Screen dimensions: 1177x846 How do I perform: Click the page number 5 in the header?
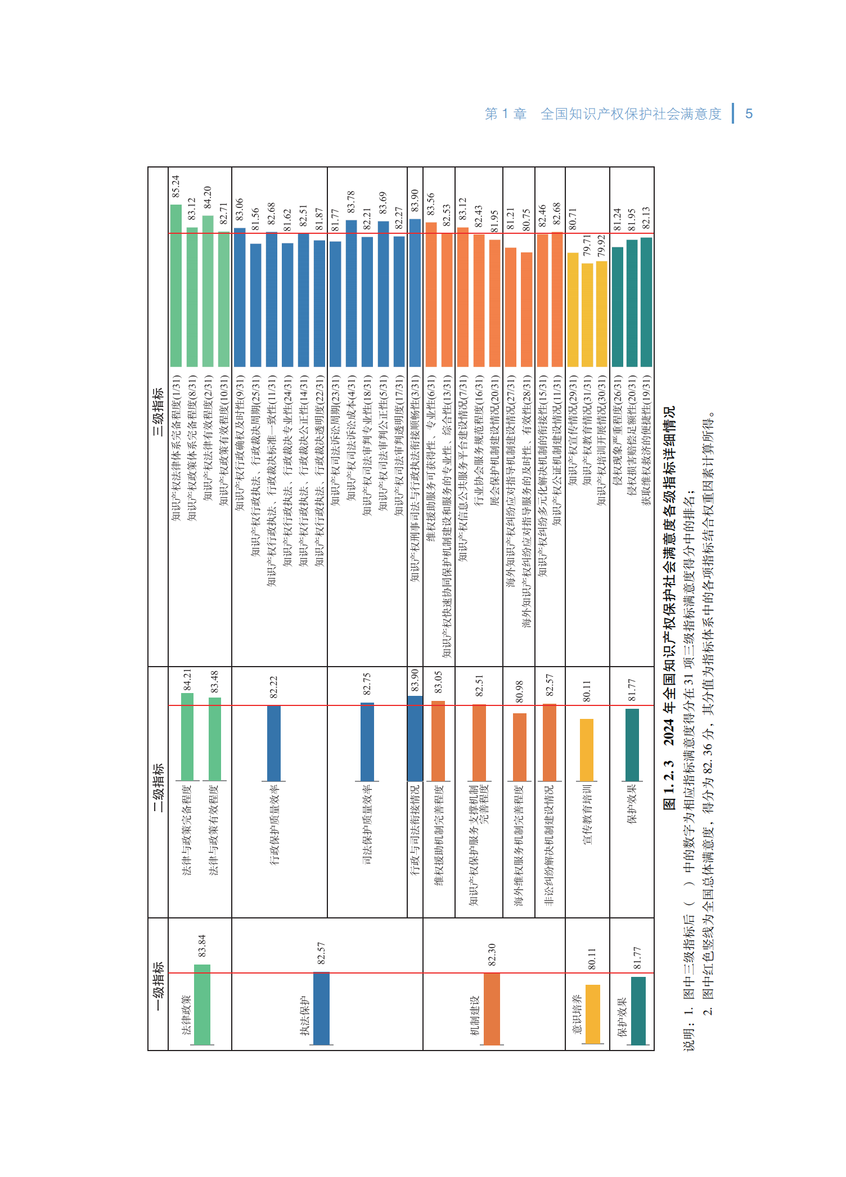coord(749,114)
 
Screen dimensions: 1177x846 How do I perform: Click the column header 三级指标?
coord(158,412)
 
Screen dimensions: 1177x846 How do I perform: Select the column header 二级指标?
coord(158,787)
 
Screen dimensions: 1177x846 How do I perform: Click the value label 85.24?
coord(175,186)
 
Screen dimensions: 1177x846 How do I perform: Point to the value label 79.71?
coord(587,246)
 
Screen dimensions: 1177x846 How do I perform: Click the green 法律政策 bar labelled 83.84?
coord(202,1005)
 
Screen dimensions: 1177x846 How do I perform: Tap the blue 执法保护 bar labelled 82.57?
coord(321,1009)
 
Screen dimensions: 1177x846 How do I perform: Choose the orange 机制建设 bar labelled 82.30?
coord(492,1009)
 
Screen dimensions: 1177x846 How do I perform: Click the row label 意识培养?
coord(577,1014)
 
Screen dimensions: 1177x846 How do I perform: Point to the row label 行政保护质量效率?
coord(274,824)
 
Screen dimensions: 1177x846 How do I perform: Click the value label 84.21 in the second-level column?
coord(187,680)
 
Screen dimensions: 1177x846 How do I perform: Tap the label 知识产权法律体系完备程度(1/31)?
coord(176,447)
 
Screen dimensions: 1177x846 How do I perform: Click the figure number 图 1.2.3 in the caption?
coord(669,785)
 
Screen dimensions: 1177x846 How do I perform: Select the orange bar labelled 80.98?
coord(520,748)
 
